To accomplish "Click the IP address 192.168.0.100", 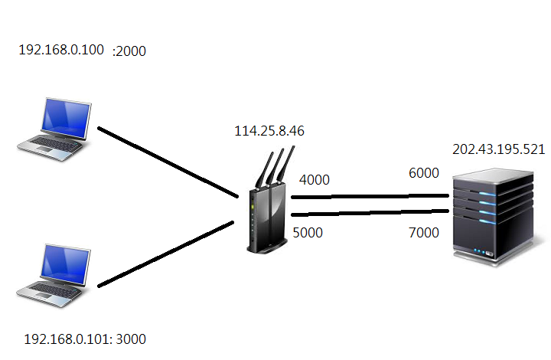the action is coord(61,50).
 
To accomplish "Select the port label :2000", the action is coord(129,51).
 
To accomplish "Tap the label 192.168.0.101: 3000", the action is coord(85,339).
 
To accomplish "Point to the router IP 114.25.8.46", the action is coord(269,131).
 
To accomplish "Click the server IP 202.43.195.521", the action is coord(499,149).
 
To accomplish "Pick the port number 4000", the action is coord(315,180).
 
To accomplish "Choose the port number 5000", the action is coord(308,233).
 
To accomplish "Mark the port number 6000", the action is coord(424,173).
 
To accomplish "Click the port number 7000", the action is coord(424,233).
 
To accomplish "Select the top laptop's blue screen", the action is coord(66,119).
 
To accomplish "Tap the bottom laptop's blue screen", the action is coord(65,265).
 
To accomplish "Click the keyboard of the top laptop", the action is coord(53,144).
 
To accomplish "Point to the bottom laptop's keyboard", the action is coord(52,290).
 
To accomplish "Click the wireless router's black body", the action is coord(267,220).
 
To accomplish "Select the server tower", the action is coord(494,217).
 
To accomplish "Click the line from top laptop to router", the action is coord(168,162).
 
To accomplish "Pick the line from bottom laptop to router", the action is coord(165,254).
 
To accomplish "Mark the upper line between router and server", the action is coord(370,196).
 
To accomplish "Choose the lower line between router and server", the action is coord(370,213).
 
